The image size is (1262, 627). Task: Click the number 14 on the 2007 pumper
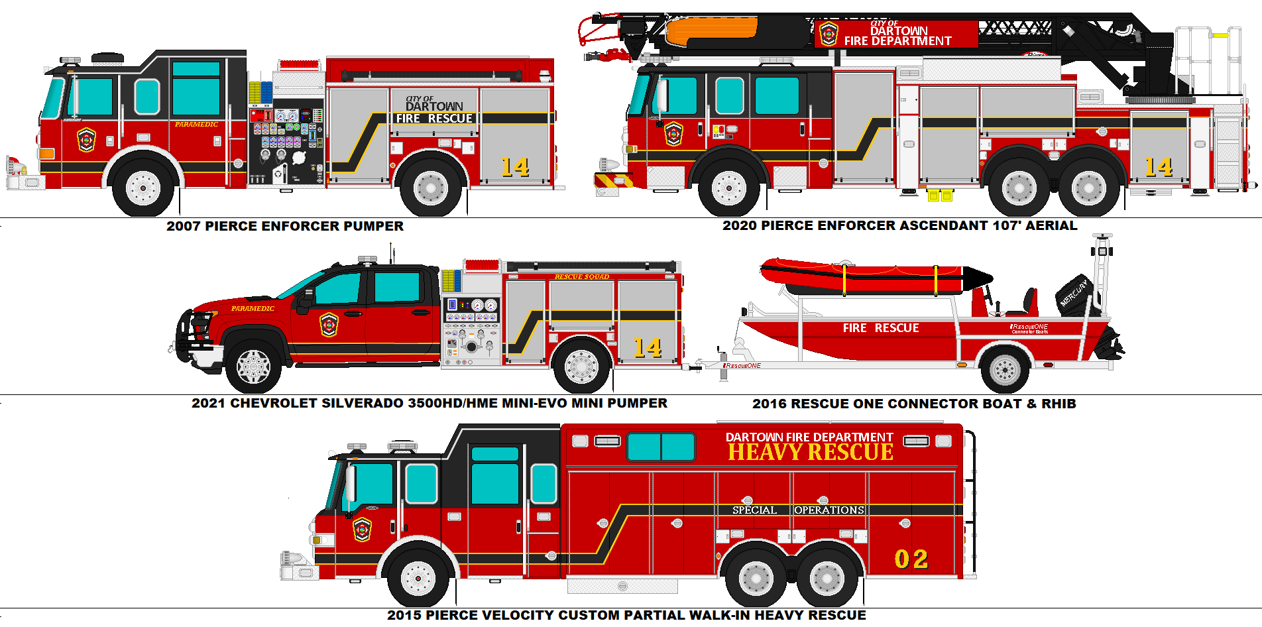514,167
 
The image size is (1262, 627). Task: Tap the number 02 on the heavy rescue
911,559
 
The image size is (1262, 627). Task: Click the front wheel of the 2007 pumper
143,188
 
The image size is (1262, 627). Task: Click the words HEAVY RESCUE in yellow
810,453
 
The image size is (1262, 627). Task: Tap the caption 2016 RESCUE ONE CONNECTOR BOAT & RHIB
914,404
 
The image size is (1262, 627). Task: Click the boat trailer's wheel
1004,370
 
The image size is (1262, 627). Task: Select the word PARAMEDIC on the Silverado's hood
253,308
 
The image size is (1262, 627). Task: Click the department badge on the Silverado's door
329,325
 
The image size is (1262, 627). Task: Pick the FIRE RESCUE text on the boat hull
880,328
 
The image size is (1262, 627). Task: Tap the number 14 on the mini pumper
647,348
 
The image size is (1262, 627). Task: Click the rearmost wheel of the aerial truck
1088,189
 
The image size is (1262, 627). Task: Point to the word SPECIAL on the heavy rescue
754,510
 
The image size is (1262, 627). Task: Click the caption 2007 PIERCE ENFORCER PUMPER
284,226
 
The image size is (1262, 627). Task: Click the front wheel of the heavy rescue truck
418,577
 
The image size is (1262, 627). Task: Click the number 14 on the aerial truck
1158,167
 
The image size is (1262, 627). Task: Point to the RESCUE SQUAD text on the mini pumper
581,276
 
